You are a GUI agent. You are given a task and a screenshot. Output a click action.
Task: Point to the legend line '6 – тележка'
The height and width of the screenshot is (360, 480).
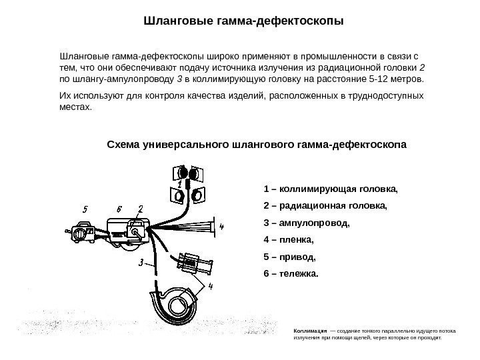point(291,273)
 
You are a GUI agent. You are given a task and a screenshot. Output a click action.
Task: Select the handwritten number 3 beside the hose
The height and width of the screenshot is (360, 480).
point(141,263)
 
